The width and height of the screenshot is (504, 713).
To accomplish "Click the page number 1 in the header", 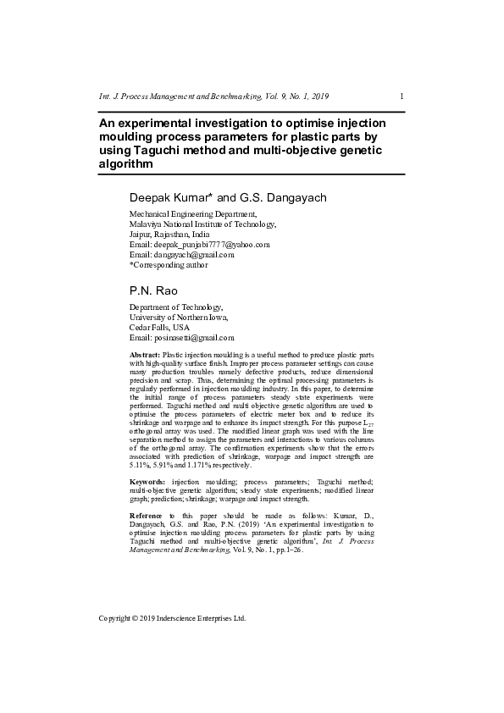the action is pos(401,97).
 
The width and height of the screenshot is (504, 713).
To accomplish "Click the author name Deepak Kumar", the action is pos(164,198).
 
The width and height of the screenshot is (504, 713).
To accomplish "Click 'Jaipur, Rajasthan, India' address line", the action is pos(169,234).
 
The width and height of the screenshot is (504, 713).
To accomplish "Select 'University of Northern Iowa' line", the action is pos(179,317).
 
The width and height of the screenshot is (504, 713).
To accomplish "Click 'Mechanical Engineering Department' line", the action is pos(192,214).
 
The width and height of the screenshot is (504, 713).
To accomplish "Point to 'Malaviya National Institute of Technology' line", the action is pos(202,224).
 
